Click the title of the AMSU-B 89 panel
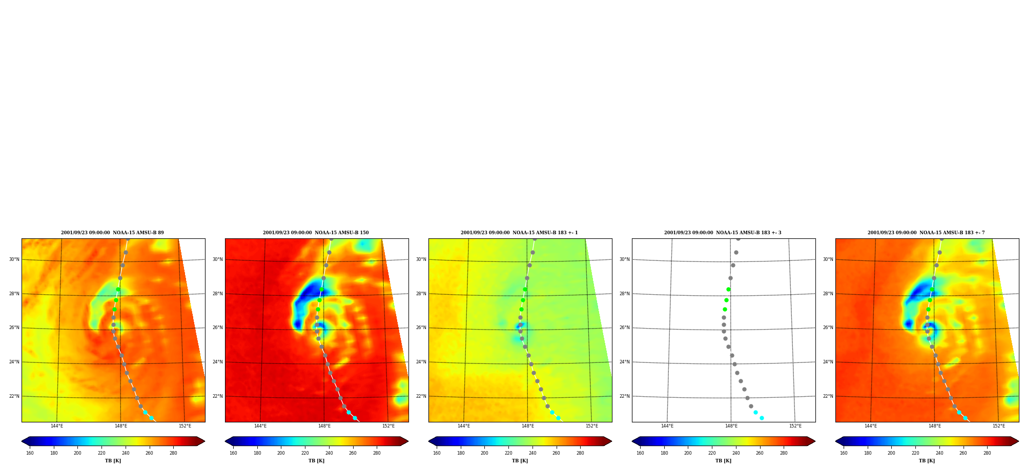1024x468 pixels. coord(112,233)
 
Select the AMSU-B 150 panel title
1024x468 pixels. coord(316,233)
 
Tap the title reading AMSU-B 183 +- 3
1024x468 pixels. coord(723,233)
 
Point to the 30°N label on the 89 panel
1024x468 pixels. coord(14,259)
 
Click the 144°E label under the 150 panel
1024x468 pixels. coord(260,426)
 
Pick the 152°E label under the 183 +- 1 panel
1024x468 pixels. coord(592,426)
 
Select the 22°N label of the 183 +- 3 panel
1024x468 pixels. coord(624,396)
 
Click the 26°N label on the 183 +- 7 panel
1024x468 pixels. coord(828,328)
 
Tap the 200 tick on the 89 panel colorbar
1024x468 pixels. coord(77,453)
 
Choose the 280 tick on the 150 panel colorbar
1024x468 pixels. coord(377,453)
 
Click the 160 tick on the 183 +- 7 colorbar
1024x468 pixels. coord(844,453)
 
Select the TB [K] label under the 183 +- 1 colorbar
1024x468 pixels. coord(520,461)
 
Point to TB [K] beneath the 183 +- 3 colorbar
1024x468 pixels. coord(723,461)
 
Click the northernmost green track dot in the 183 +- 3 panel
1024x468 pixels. coord(728,290)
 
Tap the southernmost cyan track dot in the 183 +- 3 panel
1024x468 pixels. coord(762,418)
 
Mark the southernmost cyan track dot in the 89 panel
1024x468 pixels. coord(151,418)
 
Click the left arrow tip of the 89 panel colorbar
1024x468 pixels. coord(22,441)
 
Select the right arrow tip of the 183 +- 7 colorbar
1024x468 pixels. coord(1018,441)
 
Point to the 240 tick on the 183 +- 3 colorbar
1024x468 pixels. coord(736,453)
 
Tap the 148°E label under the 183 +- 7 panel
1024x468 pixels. coord(935,426)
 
